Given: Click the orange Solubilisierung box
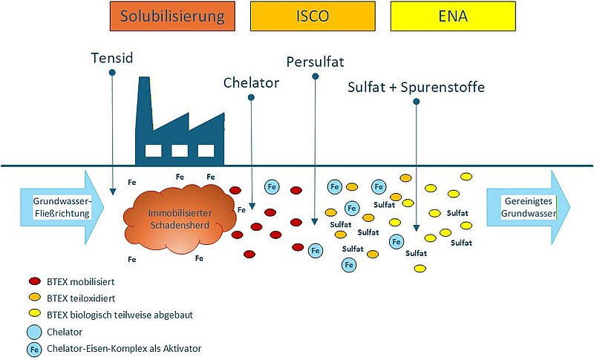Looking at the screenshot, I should pyautogui.click(x=172, y=16).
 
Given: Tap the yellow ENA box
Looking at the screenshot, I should pyautogui.click(x=453, y=16).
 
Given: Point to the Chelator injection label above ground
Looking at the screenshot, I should pyautogui.click(x=251, y=82).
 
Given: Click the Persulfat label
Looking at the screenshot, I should pyautogui.click(x=316, y=62).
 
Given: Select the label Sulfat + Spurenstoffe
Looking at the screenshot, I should pyautogui.click(x=416, y=87).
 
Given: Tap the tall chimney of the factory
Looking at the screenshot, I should pyautogui.click(x=144, y=111).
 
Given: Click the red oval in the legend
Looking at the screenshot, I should pyautogui.click(x=34, y=281).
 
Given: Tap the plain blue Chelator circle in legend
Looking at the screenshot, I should pyautogui.click(x=34, y=330).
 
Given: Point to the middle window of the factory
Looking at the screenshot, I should pyautogui.click(x=180, y=151).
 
